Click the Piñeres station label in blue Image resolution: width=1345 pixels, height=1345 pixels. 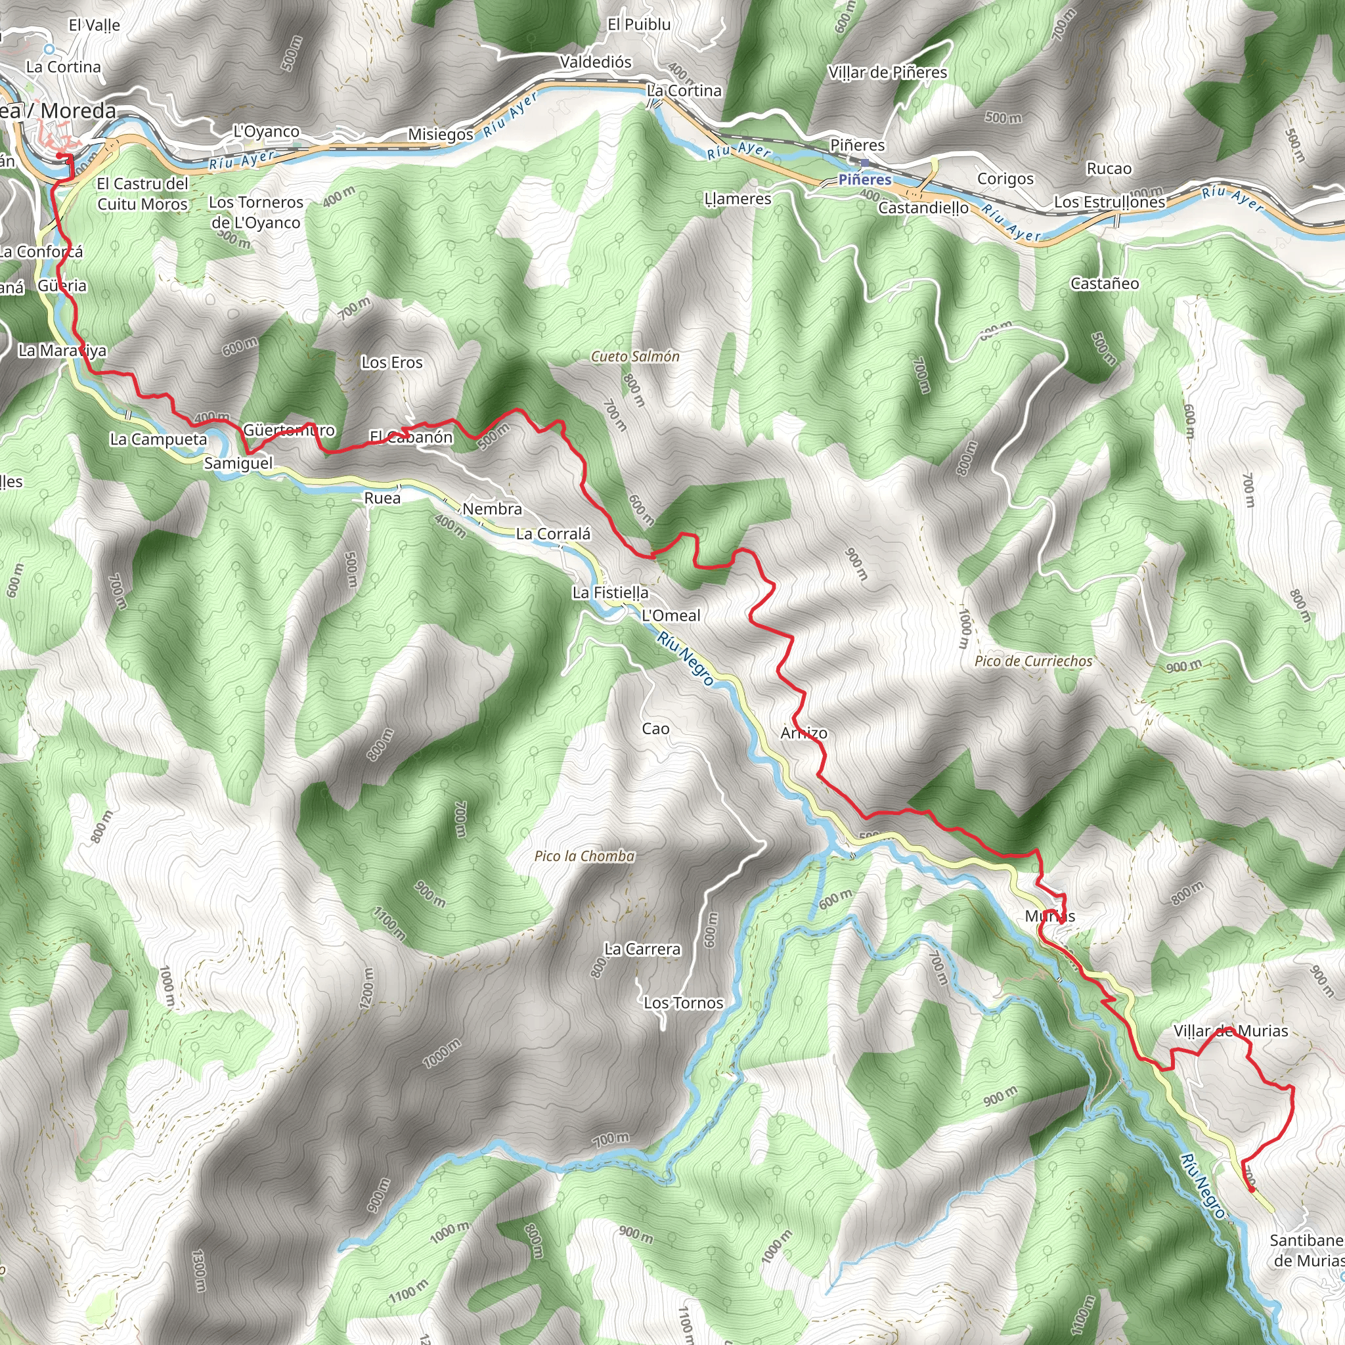[x=865, y=179]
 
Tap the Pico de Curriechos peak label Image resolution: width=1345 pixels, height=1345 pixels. [x=1033, y=661]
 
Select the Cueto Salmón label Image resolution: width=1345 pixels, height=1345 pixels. [x=635, y=357]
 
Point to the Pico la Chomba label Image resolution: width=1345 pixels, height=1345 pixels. [x=584, y=856]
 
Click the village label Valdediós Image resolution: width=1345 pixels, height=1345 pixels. [x=596, y=62]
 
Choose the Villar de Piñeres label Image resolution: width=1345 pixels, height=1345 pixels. [x=888, y=72]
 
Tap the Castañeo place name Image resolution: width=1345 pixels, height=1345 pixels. [x=1105, y=283]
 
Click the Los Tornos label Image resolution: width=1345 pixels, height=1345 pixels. [x=684, y=1003]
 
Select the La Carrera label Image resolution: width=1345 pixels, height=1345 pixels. [x=642, y=950]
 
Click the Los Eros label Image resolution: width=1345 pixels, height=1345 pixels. [x=392, y=363]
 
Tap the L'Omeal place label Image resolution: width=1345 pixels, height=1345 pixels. [x=671, y=615]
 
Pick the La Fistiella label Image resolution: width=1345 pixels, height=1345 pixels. [x=611, y=593]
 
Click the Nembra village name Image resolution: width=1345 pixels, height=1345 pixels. [x=492, y=510]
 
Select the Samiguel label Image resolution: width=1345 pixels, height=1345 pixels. [x=239, y=463]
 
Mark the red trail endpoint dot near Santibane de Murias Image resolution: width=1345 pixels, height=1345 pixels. [x=1252, y=1190]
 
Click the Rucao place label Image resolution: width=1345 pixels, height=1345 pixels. [x=1109, y=169]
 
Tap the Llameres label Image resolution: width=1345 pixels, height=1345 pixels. [x=738, y=199]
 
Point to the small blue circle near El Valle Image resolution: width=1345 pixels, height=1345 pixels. [x=49, y=49]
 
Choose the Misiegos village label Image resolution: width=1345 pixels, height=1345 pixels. [x=441, y=135]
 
